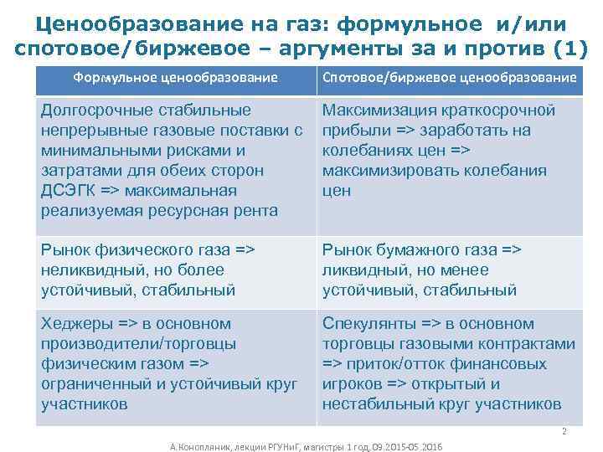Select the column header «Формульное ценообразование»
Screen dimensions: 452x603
176,78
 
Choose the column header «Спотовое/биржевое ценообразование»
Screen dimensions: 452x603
450,78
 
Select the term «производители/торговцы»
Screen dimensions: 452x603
138,344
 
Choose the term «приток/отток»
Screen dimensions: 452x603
392,364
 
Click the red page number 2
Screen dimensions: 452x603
564,431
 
